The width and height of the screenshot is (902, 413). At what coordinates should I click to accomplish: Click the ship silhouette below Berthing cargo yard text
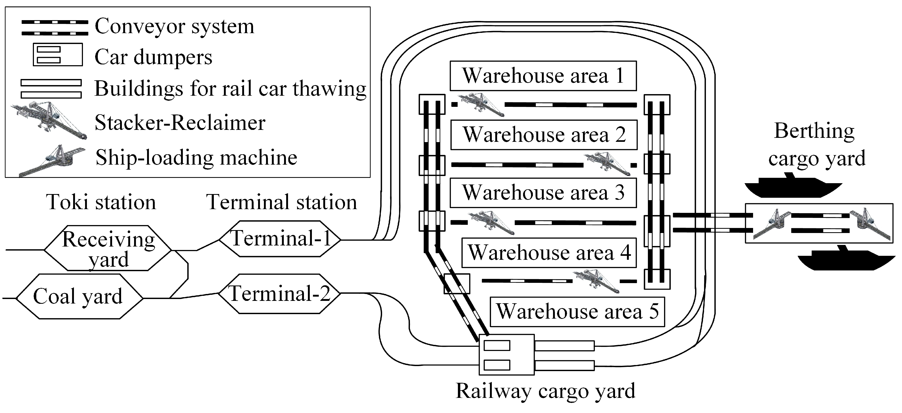click(793, 186)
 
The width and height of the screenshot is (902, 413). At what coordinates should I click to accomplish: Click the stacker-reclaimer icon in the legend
click(49, 121)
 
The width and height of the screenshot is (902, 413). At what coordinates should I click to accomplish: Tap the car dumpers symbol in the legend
click(58, 55)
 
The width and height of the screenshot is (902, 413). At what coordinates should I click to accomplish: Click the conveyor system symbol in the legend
click(55, 28)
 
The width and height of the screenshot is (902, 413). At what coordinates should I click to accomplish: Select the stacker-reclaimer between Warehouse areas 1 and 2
click(481, 104)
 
